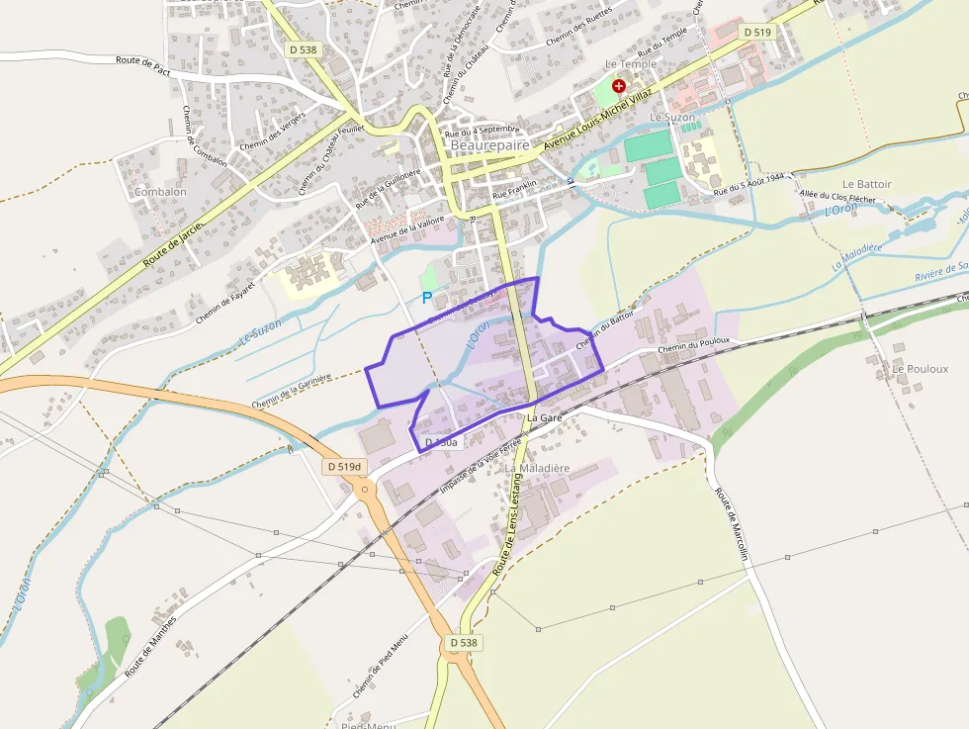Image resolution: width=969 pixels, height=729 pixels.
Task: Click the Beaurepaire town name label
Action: click(x=490, y=144)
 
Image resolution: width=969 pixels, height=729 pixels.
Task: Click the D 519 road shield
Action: click(x=756, y=33)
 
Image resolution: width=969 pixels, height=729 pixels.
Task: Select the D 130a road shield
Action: click(x=440, y=443)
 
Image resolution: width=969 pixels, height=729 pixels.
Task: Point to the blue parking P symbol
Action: click(x=427, y=297)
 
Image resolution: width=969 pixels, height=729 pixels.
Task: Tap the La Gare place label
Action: click(x=545, y=418)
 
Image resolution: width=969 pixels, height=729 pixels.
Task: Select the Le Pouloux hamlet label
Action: click(x=920, y=369)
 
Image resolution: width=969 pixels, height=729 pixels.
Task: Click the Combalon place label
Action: click(x=160, y=192)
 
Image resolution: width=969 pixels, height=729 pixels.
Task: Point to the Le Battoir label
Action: click(x=867, y=184)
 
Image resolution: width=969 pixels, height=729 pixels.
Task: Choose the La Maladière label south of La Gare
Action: click(x=538, y=467)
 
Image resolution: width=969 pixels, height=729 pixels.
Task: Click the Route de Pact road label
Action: click(x=144, y=61)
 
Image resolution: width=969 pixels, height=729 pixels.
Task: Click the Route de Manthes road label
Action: click(x=151, y=644)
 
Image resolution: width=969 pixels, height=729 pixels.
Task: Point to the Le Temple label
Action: click(x=630, y=64)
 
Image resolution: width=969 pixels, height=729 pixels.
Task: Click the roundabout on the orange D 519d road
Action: click(x=365, y=489)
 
